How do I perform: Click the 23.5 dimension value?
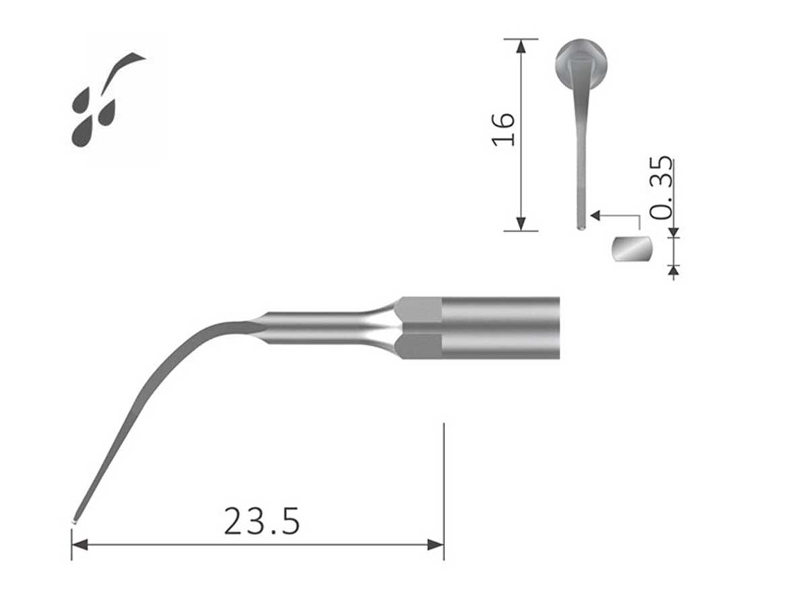tap(262, 522)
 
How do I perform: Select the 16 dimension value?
tap(504, 129)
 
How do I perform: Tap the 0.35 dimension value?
tap(662, 188)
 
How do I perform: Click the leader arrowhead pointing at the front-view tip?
tap(595, 216)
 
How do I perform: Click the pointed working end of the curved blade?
tap(74, 520)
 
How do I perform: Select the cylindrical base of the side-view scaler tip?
tap(501, 327)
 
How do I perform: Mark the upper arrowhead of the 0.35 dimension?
tap(674, 233)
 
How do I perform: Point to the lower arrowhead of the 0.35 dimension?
tap(674, 270)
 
